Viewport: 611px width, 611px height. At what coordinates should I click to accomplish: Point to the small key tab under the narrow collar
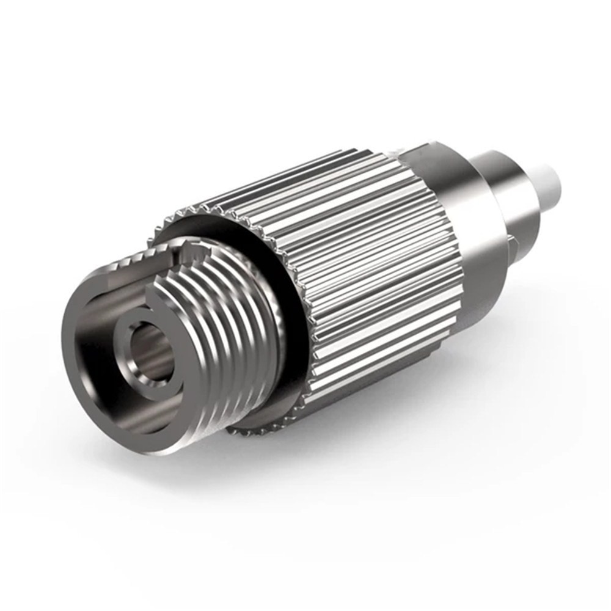515,245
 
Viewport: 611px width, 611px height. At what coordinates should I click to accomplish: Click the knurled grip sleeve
367,263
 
